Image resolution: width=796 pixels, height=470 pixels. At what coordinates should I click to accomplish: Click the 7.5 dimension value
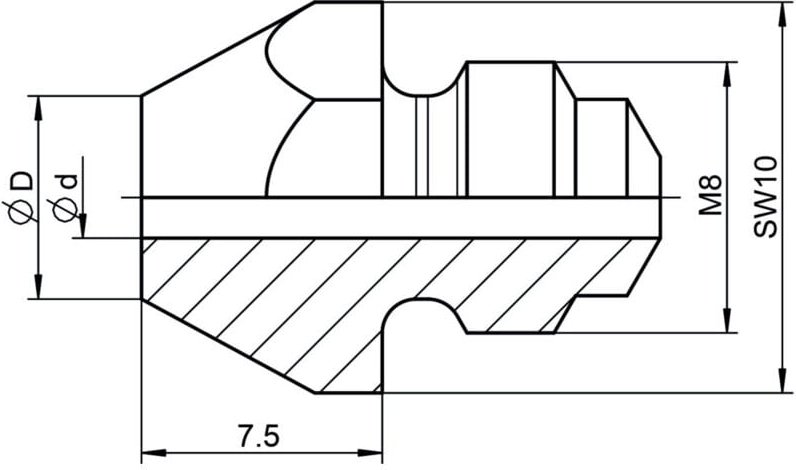pyautogui.click(x=258, y=435)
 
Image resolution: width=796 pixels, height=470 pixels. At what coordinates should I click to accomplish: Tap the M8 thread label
pyautogui.click(x=710, y=195)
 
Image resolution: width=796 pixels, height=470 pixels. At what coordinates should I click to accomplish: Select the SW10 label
pyautogui.click(x=765, y=197)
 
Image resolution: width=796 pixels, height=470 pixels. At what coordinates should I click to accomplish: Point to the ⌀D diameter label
pyautogui.click(x=20, y=197)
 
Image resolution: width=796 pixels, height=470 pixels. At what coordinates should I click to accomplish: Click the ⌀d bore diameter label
pyautogui.click(x=64, y=198)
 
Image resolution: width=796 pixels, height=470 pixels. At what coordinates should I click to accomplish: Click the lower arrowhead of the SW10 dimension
pyautogui.click(x=783, y=383)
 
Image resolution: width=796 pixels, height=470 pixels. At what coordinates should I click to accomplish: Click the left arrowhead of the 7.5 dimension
pyautogui.click(x=153, y=452)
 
